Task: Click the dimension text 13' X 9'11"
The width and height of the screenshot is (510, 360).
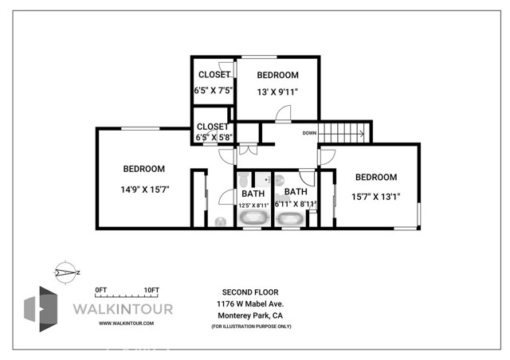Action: [x=278, y=92]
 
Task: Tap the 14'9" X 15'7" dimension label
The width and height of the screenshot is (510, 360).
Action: [x=144, y=190]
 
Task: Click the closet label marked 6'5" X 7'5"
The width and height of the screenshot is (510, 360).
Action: [x=214, y=91]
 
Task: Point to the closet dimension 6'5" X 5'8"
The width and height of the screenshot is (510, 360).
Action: [x=213, y=138]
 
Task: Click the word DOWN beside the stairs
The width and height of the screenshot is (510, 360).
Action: [x=310, y=133]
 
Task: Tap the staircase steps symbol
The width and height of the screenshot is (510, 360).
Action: [x=344, y=132]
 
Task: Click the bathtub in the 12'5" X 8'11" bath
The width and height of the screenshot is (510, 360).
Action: [x=254, y=217]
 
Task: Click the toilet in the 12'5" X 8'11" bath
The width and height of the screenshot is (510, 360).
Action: [x=220, y=221]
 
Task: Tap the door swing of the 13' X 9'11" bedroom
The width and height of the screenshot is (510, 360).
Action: [x=284, y=114]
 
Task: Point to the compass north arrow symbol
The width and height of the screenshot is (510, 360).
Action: [x=63, y=272]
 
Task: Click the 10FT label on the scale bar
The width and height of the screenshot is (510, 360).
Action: [x=151, y=289]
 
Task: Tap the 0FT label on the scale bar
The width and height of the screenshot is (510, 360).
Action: [x=100, y=289]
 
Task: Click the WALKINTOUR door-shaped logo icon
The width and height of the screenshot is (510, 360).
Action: [x=40, y=307]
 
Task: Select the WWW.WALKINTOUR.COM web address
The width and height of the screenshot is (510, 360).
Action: [x=126, y=323]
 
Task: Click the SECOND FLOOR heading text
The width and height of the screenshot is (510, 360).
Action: [x=252, y=292]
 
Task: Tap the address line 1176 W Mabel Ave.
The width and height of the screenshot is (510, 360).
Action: [x=252, y=303]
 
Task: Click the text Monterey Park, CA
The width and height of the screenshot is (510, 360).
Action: [x=252, y=315]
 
